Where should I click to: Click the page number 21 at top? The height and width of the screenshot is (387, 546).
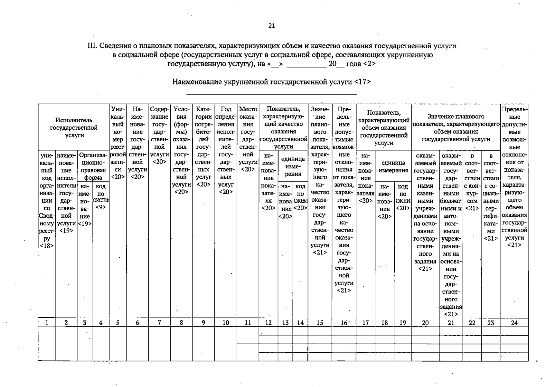click(271, 26)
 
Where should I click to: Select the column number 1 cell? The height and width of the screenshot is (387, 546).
click(47, 322)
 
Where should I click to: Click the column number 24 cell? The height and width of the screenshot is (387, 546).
click(514, 322)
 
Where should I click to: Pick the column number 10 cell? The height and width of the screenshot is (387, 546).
click(225, 322)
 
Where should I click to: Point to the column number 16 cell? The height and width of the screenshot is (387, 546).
click(344, 322)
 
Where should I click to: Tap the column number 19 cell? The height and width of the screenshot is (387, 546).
click(402, 322)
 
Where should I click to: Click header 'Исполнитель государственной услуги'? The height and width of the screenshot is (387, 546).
click(74, 128)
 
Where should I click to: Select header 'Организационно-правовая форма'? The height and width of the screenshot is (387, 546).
click(93, 166)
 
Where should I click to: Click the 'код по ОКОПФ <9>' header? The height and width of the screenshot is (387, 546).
click(100, 197)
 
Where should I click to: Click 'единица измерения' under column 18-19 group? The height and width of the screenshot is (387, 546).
click(393, 166)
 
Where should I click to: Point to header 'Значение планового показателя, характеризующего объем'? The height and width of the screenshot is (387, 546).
click(456, 128)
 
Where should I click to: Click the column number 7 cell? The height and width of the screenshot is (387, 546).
click(159, 322)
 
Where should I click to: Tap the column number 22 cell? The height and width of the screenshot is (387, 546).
click(472, 322)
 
